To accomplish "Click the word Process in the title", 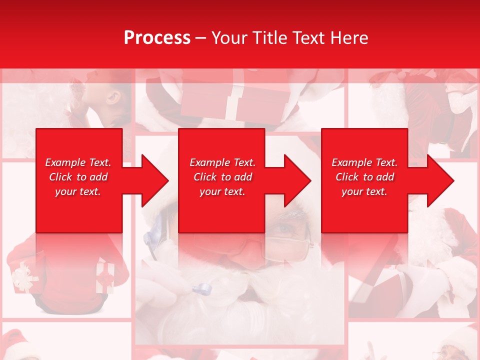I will [x=157, y=37].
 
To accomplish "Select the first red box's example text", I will [x=78, y=177].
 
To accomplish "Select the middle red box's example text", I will [x=222, y=177].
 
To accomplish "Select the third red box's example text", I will [x=364, y=177].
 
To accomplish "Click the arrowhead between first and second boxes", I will [x=154, y=180].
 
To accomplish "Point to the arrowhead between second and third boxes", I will [x=297, y=180].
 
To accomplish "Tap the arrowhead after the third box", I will [x=440, y=180].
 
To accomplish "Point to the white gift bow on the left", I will [x=22, y=277].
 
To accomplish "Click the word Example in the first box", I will [x=65, y=162].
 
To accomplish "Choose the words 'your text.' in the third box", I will [x=364, y=191].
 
